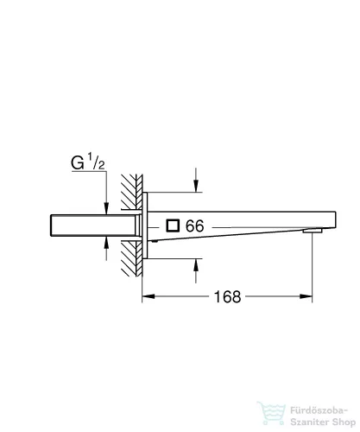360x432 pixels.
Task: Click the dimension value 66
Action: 194,226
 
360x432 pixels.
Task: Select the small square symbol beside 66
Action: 174,226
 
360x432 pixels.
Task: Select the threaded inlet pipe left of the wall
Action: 82,226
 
